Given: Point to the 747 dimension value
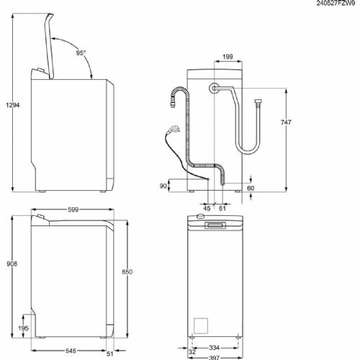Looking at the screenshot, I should pos(286,123).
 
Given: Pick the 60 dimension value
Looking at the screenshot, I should pos(251,189).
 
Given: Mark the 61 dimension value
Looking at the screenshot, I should pos(222,210).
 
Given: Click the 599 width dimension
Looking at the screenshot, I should pos(69,209).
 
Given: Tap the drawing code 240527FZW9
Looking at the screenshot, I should pos(336,4).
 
